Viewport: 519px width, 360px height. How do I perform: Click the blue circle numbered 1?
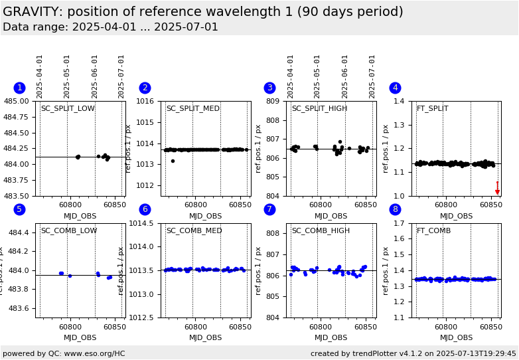[x=19, y=88]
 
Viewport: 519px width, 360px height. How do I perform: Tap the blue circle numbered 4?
[x=395, y=88]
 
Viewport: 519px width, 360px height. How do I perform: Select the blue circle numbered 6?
[x=145, y=210]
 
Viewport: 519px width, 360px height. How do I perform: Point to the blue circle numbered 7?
[x=269, y=210]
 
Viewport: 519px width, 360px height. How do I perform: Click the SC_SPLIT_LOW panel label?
[x=68, y=108]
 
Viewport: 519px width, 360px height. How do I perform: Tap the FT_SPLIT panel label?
[x=432, y=108]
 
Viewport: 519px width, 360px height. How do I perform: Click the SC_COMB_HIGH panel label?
[x=321, y=230]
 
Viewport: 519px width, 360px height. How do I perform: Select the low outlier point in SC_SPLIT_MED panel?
[x=173, y=161]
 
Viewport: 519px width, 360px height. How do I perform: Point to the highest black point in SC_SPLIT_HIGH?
[x=340, y=141]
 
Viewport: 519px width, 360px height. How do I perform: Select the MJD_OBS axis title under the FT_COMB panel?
[x=457, y=337]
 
